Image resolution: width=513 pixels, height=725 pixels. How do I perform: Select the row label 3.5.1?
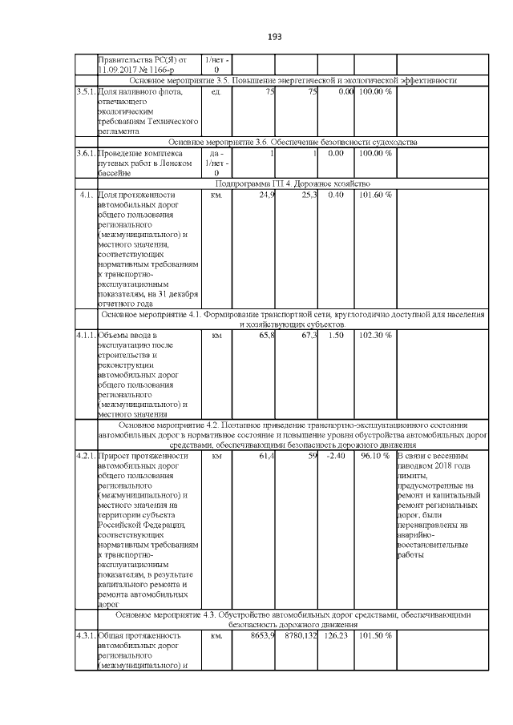point(85,92)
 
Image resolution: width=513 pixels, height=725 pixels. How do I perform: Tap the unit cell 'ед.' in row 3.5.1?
point(215,92)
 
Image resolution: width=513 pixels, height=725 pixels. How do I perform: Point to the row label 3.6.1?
point(85,153)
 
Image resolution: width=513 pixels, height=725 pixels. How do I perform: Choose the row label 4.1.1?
point(85,335)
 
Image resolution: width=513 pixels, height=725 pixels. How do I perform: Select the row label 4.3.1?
point(85,636)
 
